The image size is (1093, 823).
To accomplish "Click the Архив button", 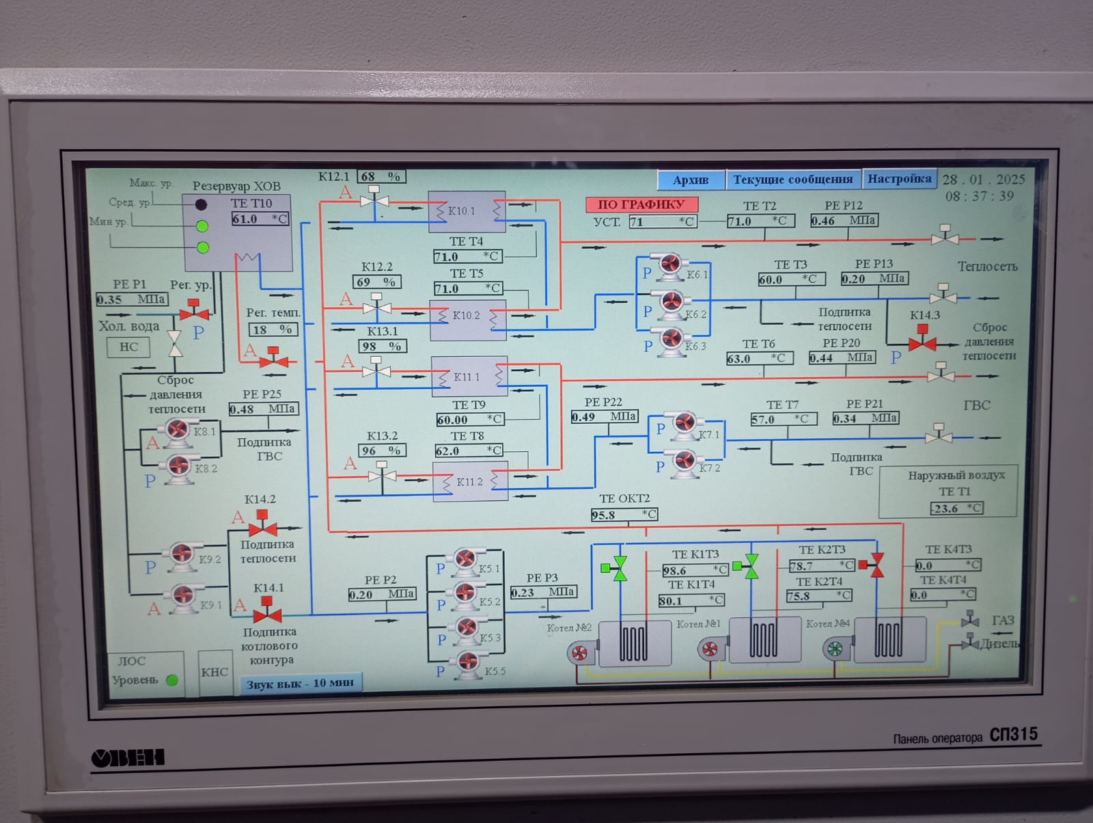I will [x=691, y=180].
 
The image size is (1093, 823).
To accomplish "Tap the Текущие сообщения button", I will [x=792, y=180].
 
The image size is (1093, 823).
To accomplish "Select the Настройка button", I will [x=899, y=179].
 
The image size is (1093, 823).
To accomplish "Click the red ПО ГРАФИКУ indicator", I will [x=641, y=204].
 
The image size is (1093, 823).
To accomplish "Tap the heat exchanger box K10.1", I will [x=467, y=211].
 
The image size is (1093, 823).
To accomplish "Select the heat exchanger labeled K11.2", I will [x=470, y=481].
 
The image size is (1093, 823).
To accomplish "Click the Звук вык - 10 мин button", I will [x=300, y=684].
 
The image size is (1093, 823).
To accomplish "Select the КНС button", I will [x=215, y=672].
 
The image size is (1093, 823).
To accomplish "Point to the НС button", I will [x=128, y=347].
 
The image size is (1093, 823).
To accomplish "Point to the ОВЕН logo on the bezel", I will [x=128, y=757].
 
